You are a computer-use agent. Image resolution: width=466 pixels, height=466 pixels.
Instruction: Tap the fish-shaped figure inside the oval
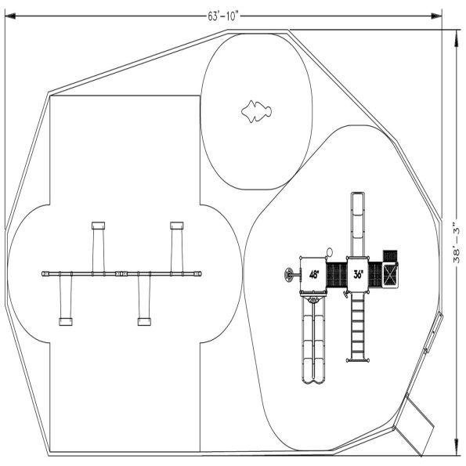point(256,111)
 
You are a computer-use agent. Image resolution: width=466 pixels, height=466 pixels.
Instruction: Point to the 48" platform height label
point(313,274)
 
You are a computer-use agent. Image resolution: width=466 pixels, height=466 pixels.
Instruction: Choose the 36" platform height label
point(358,274)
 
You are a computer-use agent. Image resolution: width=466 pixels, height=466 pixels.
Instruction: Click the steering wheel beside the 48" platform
point(291,274)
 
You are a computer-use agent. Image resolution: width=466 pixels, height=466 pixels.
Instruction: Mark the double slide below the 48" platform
point(313,341)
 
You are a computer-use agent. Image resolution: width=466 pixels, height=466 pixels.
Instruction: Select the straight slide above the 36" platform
point(358,224)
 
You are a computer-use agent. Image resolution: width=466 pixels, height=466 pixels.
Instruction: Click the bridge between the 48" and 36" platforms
point(336,274)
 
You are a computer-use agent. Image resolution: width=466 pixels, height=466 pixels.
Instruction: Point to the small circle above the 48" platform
point(330,252)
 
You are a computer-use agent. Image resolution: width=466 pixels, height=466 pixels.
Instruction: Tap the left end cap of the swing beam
point(45,273)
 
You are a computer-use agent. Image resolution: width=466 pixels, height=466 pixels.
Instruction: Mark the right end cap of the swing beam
point(198,273)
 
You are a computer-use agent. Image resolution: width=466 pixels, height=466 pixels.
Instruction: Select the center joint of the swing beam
point(121,273)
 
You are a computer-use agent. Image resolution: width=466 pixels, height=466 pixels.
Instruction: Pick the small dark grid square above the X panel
point(390,255)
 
